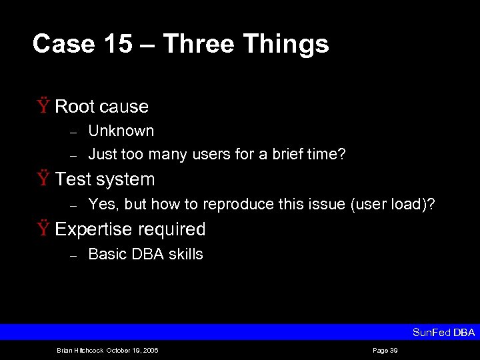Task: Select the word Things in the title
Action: coord(286,44)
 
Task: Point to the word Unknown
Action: coord(121,131)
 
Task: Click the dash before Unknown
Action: coord(75,131)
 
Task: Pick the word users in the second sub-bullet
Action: coord(211,154)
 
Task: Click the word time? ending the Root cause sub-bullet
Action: coord(329,154)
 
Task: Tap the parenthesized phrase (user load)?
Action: coord(393,204)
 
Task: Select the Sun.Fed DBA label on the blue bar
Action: coord(443,332)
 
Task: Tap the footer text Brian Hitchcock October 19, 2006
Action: coord(107,350)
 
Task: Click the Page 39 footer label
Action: coord(385,350)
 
